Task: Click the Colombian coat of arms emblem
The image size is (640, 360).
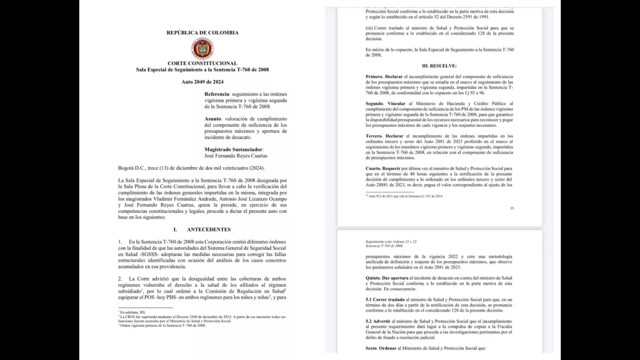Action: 202,49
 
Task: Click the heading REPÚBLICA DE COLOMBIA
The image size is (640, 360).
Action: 202,33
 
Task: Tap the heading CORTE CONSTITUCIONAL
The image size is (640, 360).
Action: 202,63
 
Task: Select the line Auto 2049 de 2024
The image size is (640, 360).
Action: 202,82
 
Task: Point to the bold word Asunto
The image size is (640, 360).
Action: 214,119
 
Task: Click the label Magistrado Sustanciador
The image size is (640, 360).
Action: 231,150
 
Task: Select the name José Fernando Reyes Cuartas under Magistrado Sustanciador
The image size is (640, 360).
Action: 236,156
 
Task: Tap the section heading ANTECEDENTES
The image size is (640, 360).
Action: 208,230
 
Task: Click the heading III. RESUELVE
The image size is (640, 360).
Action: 439,66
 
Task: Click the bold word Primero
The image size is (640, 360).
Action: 374,76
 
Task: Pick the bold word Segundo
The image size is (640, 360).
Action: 375,103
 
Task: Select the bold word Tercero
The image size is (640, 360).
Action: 374,136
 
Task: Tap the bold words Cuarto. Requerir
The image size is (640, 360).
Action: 382,168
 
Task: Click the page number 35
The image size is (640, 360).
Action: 512,208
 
